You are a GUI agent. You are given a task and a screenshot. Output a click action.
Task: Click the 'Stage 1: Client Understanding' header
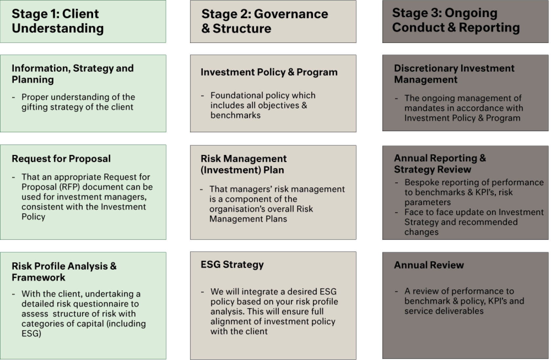pos(58,21)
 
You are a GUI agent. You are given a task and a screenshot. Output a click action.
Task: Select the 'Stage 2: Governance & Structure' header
pos(265,21)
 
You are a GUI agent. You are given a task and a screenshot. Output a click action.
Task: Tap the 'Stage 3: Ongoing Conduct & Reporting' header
pos(456,20)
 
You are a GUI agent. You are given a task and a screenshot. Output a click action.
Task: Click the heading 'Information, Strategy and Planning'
pos(72,74)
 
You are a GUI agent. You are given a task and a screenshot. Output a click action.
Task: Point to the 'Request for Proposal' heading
pos(61,159)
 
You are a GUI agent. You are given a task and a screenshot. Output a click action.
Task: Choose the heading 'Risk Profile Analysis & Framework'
pos(64,271)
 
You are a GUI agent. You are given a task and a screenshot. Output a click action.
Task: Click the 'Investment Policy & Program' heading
pos(269,72)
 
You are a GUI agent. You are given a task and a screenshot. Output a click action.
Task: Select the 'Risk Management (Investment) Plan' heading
pos(243,164)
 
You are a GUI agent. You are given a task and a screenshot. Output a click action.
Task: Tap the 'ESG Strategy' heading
pos(232,265)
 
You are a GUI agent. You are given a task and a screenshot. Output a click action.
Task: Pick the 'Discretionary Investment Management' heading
pos(454,74)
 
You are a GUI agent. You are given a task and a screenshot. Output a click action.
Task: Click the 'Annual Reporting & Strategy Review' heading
pos(440,164)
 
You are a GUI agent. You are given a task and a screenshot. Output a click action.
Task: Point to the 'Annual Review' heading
pos(429,265)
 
